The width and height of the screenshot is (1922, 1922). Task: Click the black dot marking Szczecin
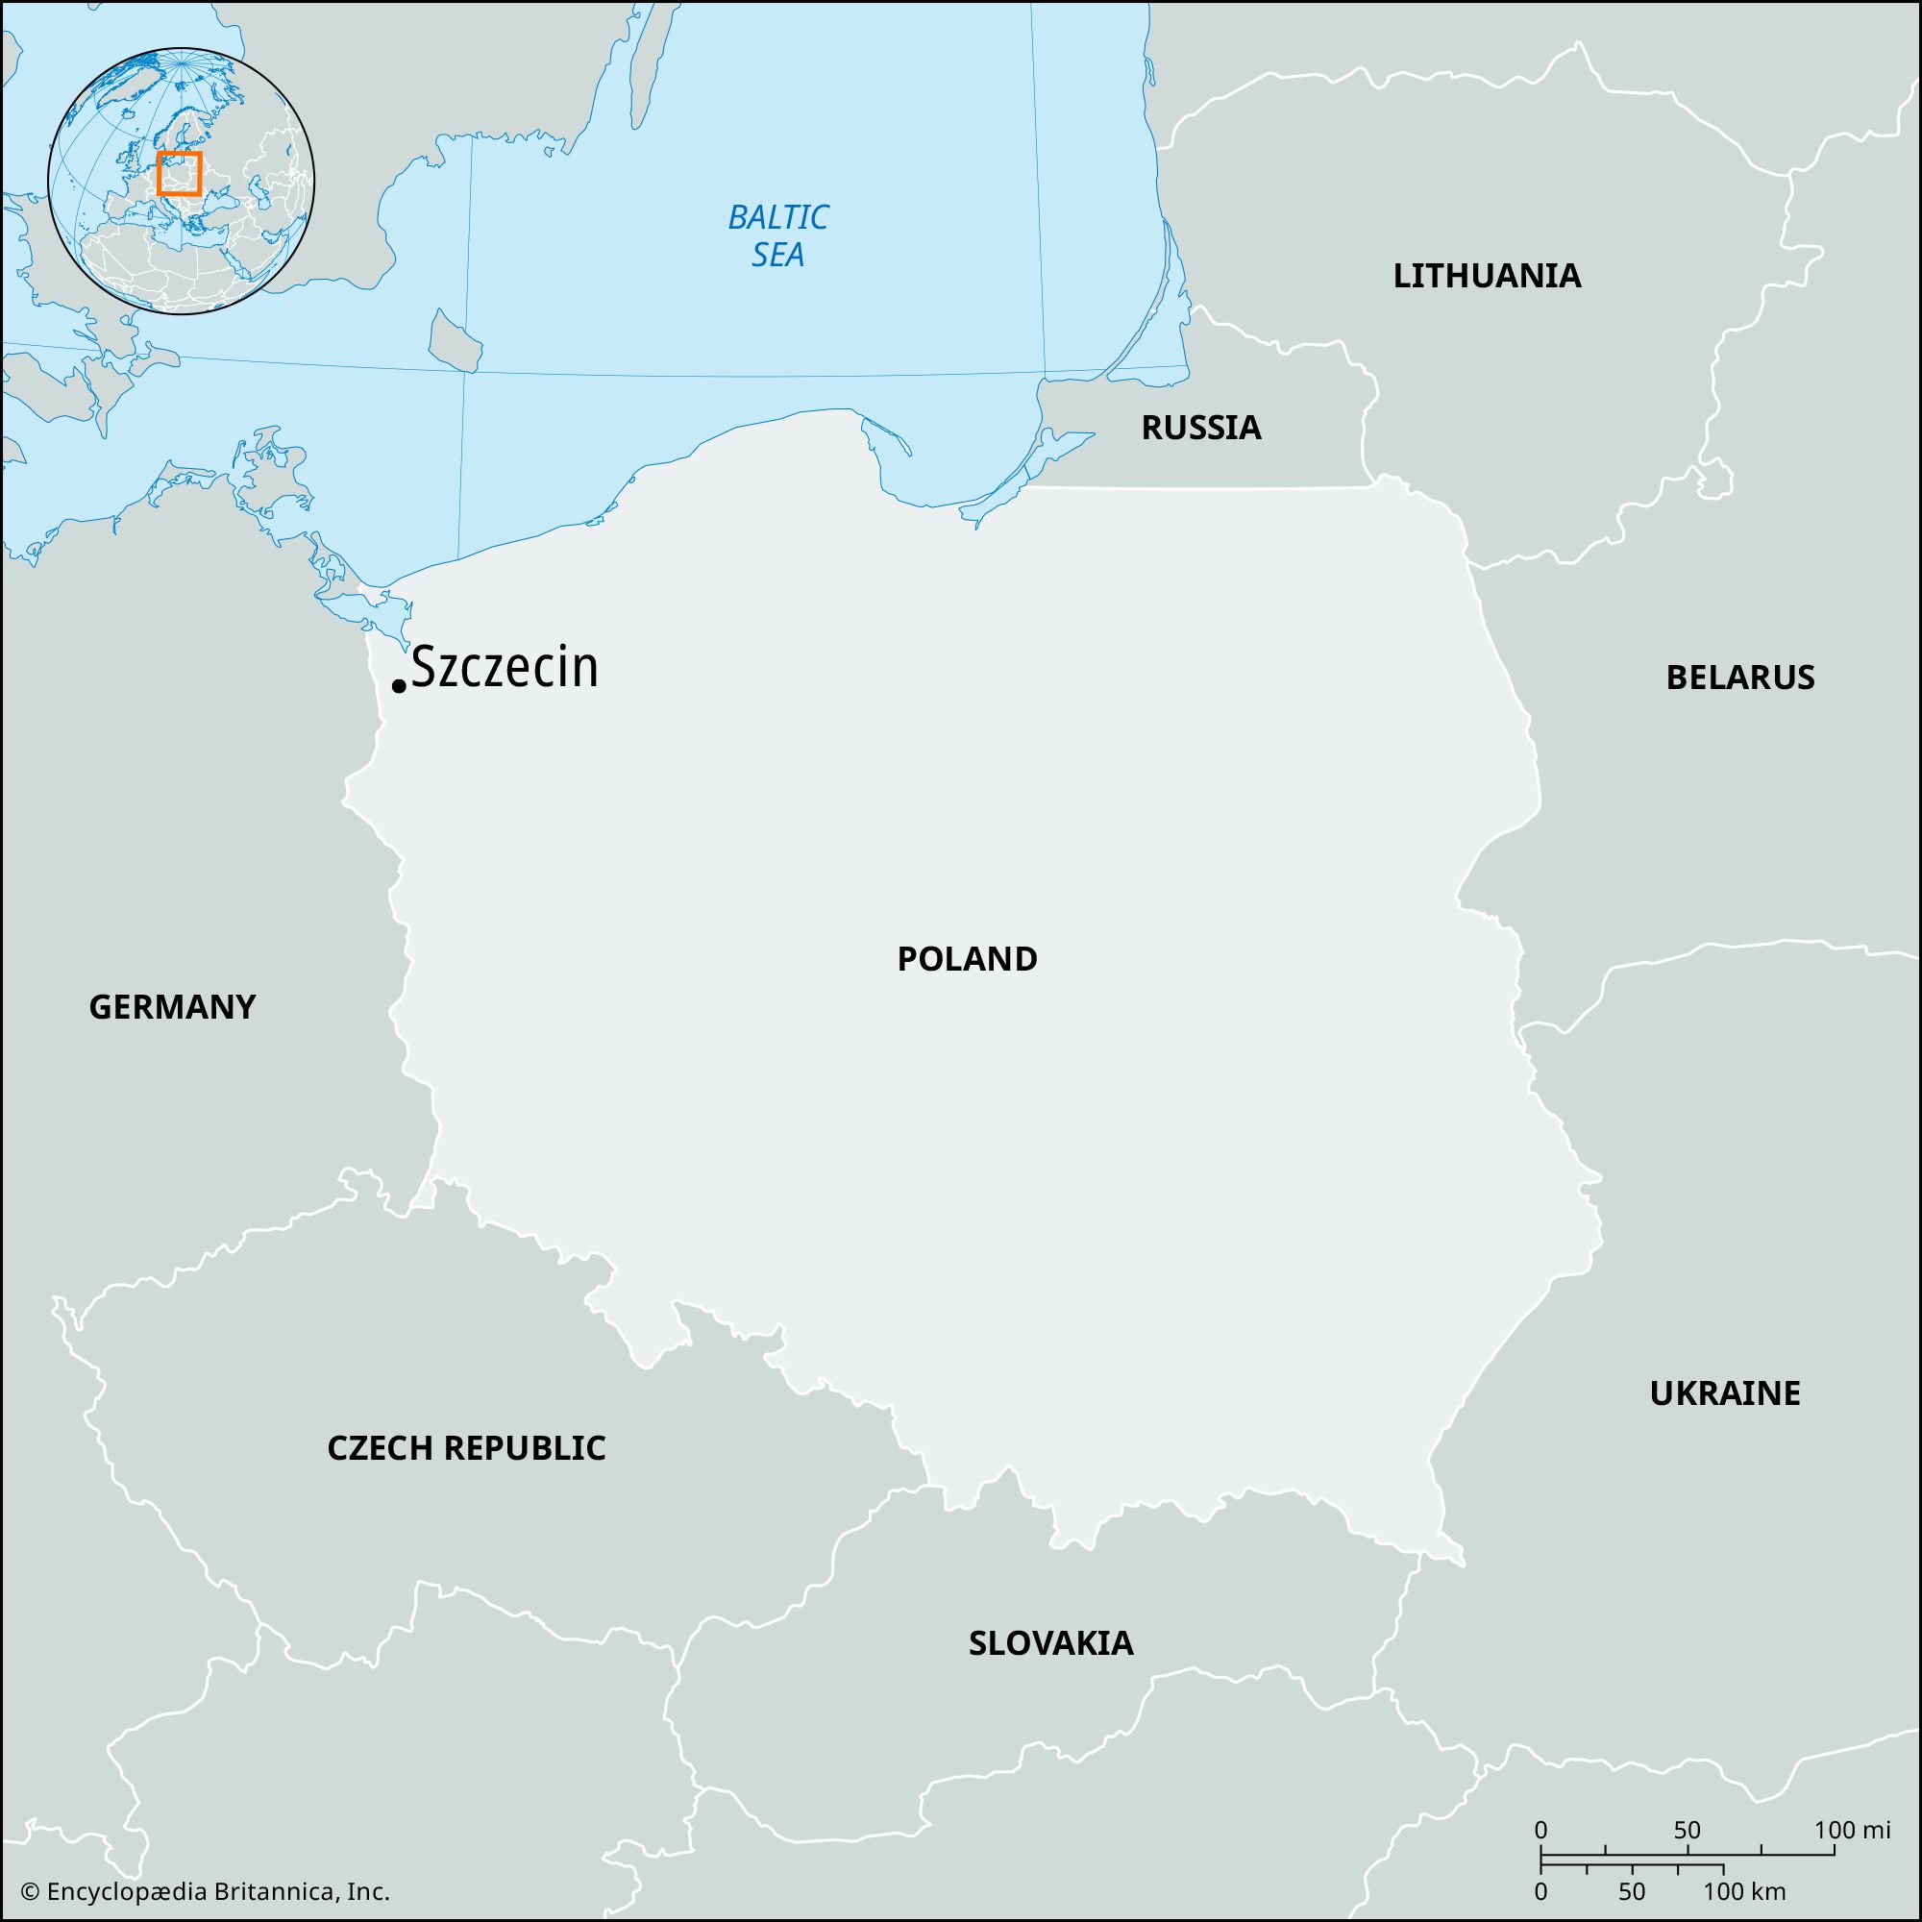[x=399, y=685]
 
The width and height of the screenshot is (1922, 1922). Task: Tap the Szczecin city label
[x=505, y=668]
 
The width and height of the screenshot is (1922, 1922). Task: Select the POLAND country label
[x=967, y=959]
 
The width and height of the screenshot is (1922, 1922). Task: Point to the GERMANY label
[x=172, y=1008]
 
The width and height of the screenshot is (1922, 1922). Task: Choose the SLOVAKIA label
[x=1050, y=1642]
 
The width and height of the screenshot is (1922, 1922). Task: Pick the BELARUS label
[x=1740, y=678]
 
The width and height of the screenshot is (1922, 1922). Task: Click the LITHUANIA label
[x=1487, y=276]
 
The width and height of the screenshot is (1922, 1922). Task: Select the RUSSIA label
[x=1200, y=428]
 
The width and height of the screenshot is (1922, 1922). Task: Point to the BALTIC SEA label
[x=778, y=235]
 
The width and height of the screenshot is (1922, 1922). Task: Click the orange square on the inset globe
[x=179, y=173]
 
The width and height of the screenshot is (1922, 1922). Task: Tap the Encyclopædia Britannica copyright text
[x=206, y=1891]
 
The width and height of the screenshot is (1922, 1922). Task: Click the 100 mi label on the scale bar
[x=1850, y=1830]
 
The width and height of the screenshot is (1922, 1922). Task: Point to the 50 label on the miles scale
[x=1687, y=1830]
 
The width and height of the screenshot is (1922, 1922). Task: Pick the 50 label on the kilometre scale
[x=1632, y=1891]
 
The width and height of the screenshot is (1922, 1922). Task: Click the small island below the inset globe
[x=456, y=341]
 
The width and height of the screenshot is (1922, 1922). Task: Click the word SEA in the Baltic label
[x=778, y=256]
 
